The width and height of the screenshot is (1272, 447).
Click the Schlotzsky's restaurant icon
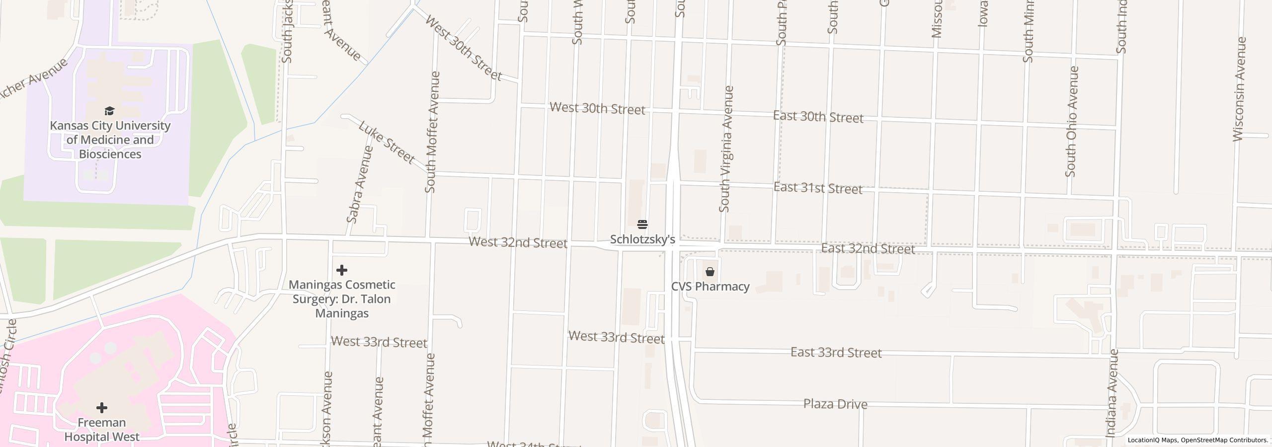point(642,224)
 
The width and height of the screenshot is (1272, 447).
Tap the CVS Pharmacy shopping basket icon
point(710,272)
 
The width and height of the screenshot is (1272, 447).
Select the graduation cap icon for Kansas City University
point(109,111)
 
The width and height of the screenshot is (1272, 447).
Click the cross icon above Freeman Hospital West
point(102,408)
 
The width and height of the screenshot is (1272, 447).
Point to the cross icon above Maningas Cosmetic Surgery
point(342,270)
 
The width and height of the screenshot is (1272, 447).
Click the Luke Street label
point(387,142)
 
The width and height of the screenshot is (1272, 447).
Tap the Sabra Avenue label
point(360,184)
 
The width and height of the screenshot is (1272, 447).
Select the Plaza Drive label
point(835,404)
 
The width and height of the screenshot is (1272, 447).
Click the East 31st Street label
point(818,188)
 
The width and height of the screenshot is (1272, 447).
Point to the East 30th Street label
point(818,117)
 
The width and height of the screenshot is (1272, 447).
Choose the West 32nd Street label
point(518,243)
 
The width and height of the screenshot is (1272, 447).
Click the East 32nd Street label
point(868,248)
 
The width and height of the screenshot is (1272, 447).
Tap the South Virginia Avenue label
point(726,149)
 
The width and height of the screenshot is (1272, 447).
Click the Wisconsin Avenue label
point(1239,89)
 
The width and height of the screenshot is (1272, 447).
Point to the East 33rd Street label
point(836,353)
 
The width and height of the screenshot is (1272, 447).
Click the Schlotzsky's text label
point(642,239)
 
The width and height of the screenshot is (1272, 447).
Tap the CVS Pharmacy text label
point(710,287)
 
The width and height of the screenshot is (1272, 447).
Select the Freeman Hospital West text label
point(102,430)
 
